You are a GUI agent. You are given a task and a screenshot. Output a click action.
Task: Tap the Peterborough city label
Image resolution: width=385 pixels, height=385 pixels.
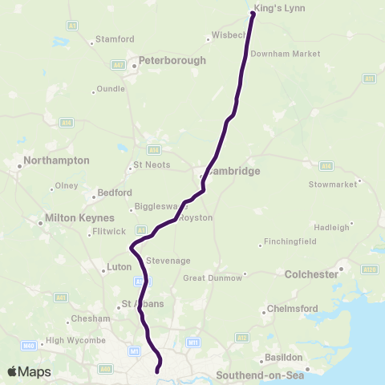coord(172,60)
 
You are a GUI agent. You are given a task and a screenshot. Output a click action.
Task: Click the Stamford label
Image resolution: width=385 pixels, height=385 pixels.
coord(115,38)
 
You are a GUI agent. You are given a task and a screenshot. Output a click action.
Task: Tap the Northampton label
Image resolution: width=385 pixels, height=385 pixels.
coord(56,160)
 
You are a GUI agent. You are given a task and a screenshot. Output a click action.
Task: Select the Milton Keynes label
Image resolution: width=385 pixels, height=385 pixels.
coord(80,218)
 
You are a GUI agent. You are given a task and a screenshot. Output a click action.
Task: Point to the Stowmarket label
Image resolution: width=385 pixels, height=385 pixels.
coord(332,184)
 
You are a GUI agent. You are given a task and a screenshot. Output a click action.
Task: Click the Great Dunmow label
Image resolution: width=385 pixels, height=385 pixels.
coord(212,278)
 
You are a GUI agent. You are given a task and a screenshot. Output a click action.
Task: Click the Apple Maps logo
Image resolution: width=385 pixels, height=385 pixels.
coord(28,371)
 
